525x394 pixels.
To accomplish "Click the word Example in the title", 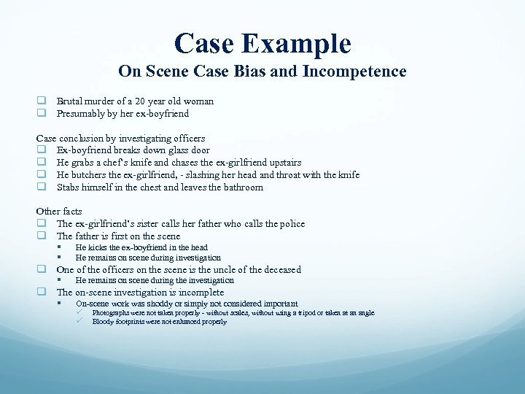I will click(301, 43).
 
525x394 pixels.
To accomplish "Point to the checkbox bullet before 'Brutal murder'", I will click(42, 101).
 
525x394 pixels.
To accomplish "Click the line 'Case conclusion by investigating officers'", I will click(120, 138).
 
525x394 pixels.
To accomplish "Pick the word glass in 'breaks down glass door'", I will click(165, 150).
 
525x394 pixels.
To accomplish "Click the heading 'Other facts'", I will click(59, 212).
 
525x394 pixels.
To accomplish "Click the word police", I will click(290, 224).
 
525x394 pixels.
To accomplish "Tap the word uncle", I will click(214, 269).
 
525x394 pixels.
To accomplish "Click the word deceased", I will click(277, 269).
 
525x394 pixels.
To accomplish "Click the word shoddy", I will click(159, 304).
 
